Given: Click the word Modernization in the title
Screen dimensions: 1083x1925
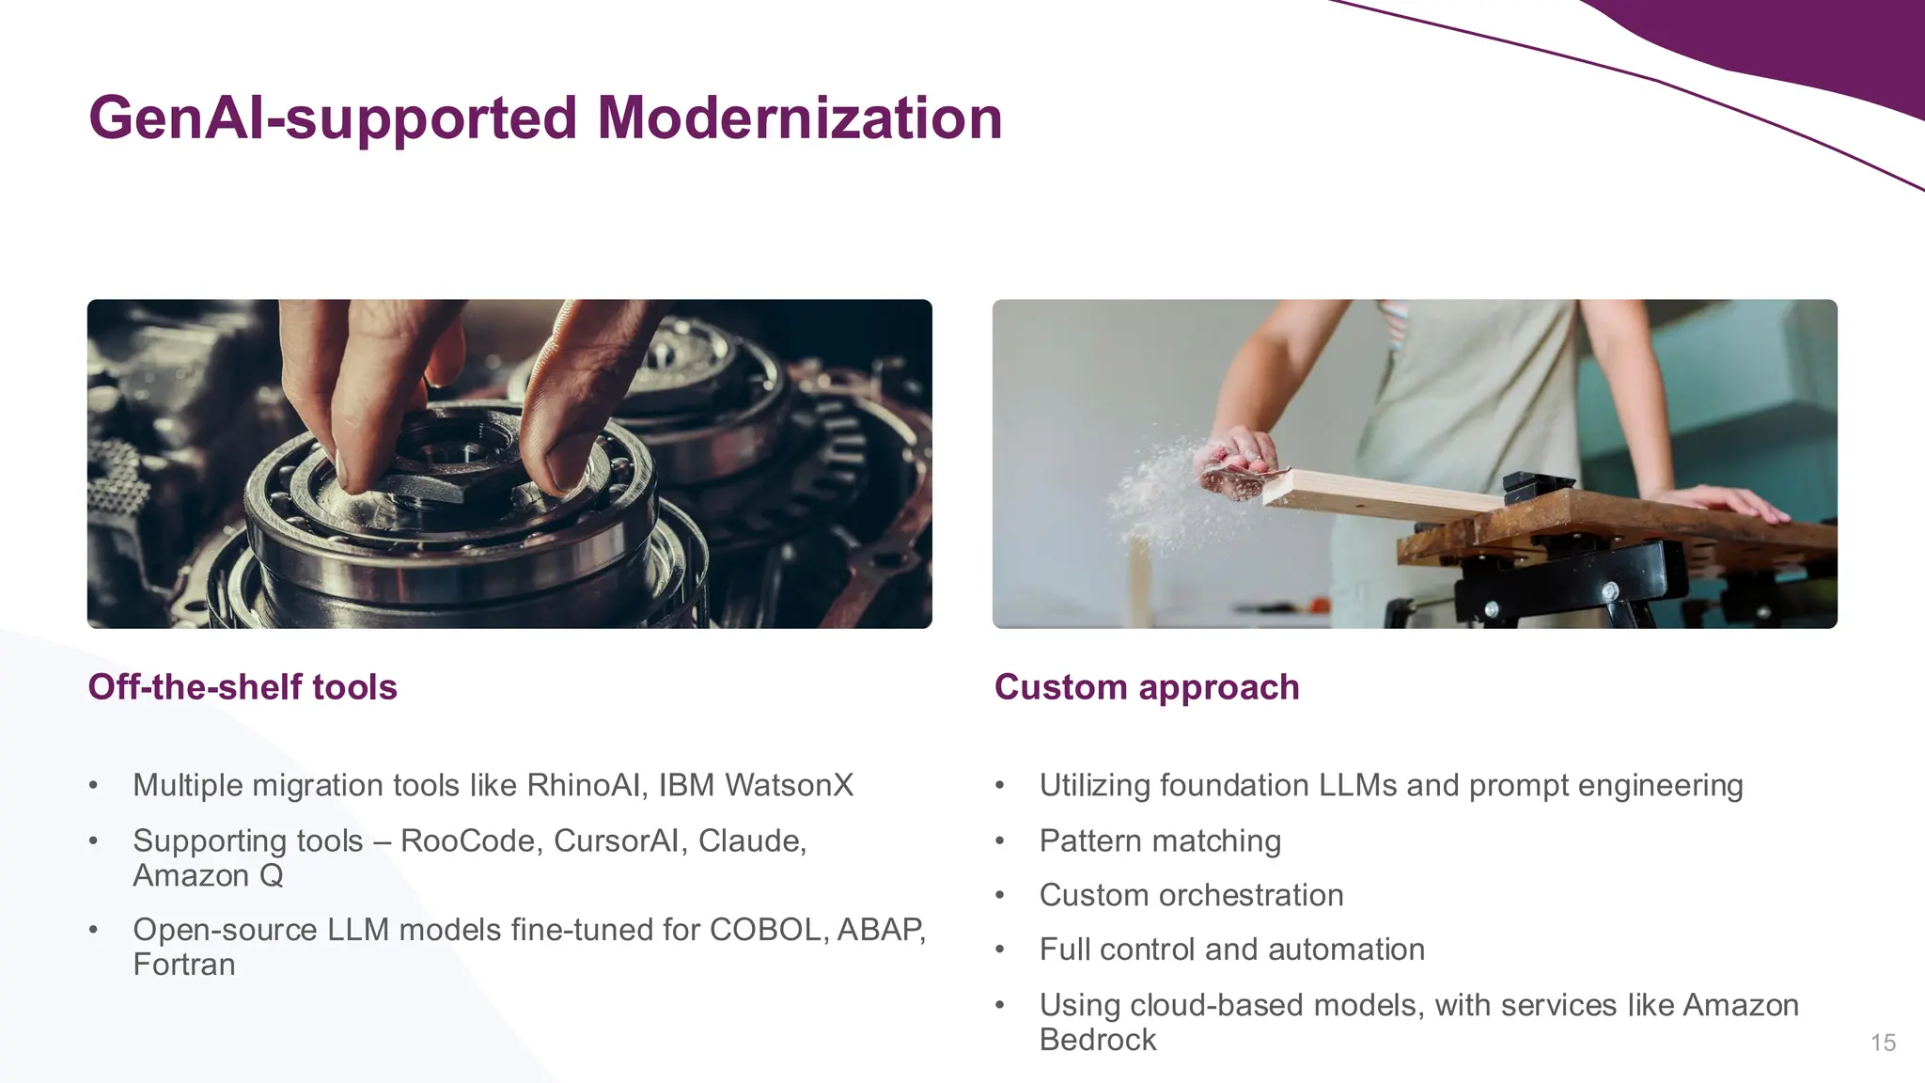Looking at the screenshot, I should [x=800, y=118].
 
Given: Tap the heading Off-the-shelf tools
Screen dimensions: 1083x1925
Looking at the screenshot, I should [x=243, y=687].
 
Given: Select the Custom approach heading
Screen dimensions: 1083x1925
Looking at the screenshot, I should [x=1147, y=687].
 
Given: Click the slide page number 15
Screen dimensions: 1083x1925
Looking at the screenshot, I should [x=1883, y=1043].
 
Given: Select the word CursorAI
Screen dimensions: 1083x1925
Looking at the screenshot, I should [x=619, y=840].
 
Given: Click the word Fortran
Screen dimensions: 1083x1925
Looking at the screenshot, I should [x=184, y=965].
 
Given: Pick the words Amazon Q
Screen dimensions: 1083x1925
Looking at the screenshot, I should [x=208, y=875].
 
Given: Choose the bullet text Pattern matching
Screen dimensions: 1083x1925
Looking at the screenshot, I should [x=1160, y=840].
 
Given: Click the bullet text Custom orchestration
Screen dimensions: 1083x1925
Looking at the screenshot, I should [x=1191, y=895].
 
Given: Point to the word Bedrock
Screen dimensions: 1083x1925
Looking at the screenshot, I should [x=1098, y=1040].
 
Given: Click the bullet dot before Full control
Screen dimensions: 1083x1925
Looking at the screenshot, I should [x=1000, y=950].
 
